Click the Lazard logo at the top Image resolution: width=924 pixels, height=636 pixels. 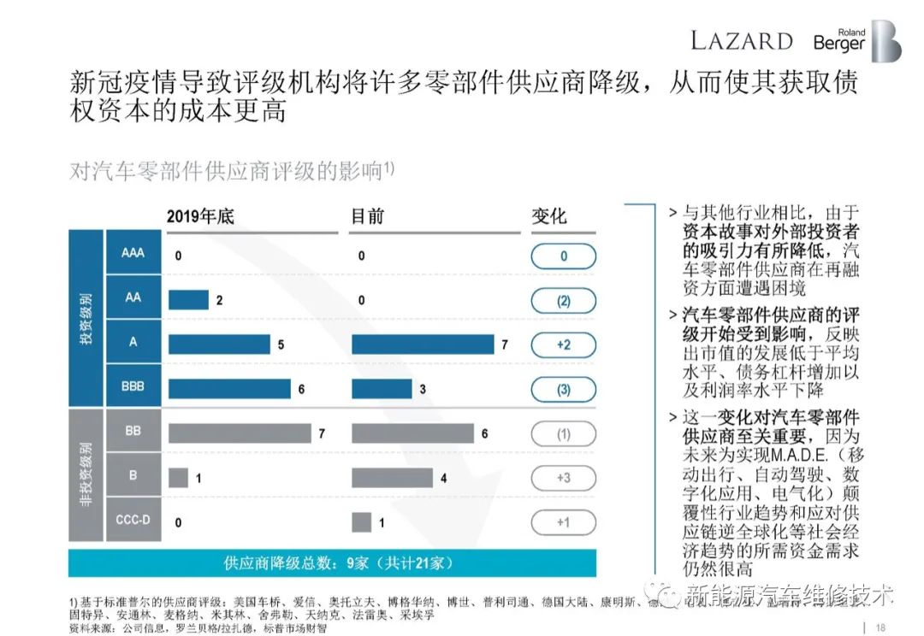pyautogui.click(x=741, y=40)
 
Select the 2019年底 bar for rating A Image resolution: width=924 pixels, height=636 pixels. pyautogui.click(x=219, y=344)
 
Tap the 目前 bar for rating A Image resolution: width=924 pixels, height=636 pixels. pyautogui.click(x=423, y=344)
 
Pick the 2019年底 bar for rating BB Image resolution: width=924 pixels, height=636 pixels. pyautogui.click(x=240, y=433)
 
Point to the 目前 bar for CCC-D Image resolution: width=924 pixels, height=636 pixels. pyautogui.click(x=361, y=522)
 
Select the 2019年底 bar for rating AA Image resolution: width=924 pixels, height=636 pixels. pyautogui.click(x=188, y=300)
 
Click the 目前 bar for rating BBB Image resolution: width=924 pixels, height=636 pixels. pyautogui.click(x=381, y=389)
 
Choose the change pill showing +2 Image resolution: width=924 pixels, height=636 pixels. pyautogui.click(x=563, y=344)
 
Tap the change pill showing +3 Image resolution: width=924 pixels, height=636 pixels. pyautogui.click(x=563, y=478)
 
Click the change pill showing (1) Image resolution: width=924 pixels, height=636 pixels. pyautogui.click(x=563, y=433)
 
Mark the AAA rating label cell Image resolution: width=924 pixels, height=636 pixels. pyautogui.click(x=133, y=254)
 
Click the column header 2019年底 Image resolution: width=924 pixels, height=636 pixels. pyautogui.click(x=200, y=217)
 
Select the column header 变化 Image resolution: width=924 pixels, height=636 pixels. pyautogui.click(x=549, y=217)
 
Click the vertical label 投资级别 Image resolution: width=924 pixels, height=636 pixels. pyautogui.click(x=86, y=320)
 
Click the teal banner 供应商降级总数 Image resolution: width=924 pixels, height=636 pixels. pyautogui.click(x=333, y=563)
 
